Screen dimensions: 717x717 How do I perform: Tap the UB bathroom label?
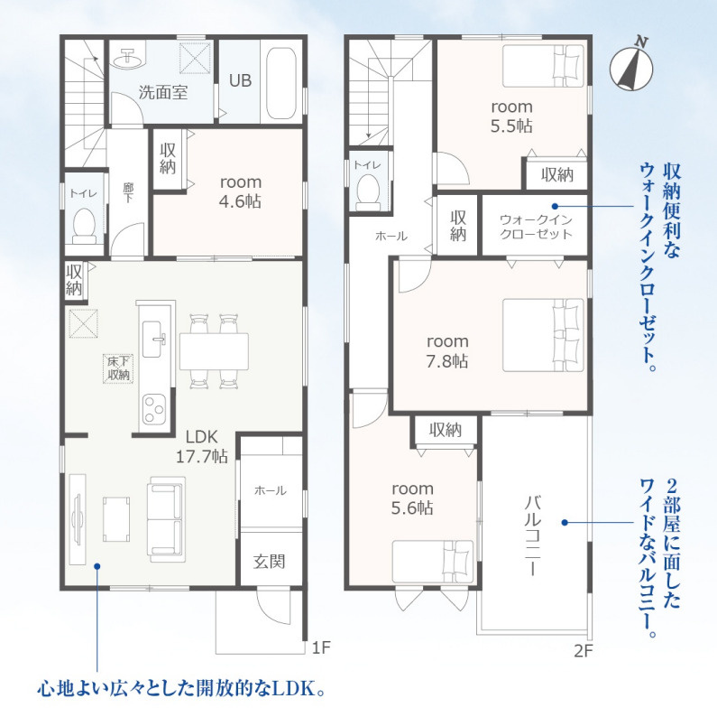(x=240, y=80)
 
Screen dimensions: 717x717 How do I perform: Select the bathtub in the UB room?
(x=281, y=82)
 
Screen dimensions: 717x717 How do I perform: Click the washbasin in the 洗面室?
(x=128, y=58)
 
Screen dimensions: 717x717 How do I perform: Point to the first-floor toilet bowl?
(x=84, y=226)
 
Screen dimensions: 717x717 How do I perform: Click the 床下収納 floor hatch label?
(x=118, y=368)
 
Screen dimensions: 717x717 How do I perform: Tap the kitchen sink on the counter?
(x=152, y=339)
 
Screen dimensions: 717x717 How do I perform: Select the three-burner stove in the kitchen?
(x=153, y=408)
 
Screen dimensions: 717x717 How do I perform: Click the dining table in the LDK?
(x=214, y=351)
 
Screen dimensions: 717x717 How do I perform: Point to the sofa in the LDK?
(x=167, y=519)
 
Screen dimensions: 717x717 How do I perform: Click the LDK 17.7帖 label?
(x=202, y=446)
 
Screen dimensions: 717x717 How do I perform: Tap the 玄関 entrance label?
(x=270, y=562)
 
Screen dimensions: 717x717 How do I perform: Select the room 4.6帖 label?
(x=240, y=191)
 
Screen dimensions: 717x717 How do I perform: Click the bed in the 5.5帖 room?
(x=543, y=66)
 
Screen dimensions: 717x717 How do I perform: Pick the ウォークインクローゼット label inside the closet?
(x=536, y=227)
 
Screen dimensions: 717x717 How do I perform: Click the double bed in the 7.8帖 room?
(x=543, y=335)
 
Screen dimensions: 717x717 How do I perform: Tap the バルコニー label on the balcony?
(x=533, y=535)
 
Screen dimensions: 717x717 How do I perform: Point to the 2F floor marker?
(x=583, y=650)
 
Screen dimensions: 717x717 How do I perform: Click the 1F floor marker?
(x=320, y=647)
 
